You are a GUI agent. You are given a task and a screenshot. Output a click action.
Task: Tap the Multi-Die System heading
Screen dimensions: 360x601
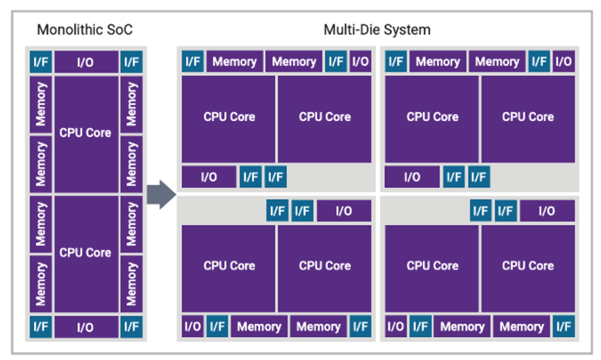point(377,30)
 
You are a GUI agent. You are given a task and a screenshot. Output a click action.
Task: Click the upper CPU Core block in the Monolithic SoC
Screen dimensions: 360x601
point(85,133)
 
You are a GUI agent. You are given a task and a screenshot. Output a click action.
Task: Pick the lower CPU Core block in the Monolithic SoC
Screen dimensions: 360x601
point(85,253)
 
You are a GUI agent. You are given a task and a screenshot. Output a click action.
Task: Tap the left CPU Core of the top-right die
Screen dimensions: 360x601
point(432,117)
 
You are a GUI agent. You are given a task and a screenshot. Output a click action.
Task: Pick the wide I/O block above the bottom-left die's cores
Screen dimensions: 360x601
point(344,211)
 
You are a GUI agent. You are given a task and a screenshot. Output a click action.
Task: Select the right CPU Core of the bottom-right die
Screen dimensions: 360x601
point(528,265)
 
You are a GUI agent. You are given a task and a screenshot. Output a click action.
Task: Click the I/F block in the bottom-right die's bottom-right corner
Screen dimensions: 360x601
point(564,326)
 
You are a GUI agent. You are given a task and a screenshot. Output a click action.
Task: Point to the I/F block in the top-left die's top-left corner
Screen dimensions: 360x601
point(192,62)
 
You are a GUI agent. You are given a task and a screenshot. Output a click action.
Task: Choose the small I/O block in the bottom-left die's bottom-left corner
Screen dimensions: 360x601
point(192,326)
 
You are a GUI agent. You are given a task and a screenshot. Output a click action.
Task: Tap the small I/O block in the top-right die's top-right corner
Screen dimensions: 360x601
point(563,62)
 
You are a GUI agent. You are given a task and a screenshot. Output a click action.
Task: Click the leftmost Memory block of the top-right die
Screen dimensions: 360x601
point(438,62)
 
